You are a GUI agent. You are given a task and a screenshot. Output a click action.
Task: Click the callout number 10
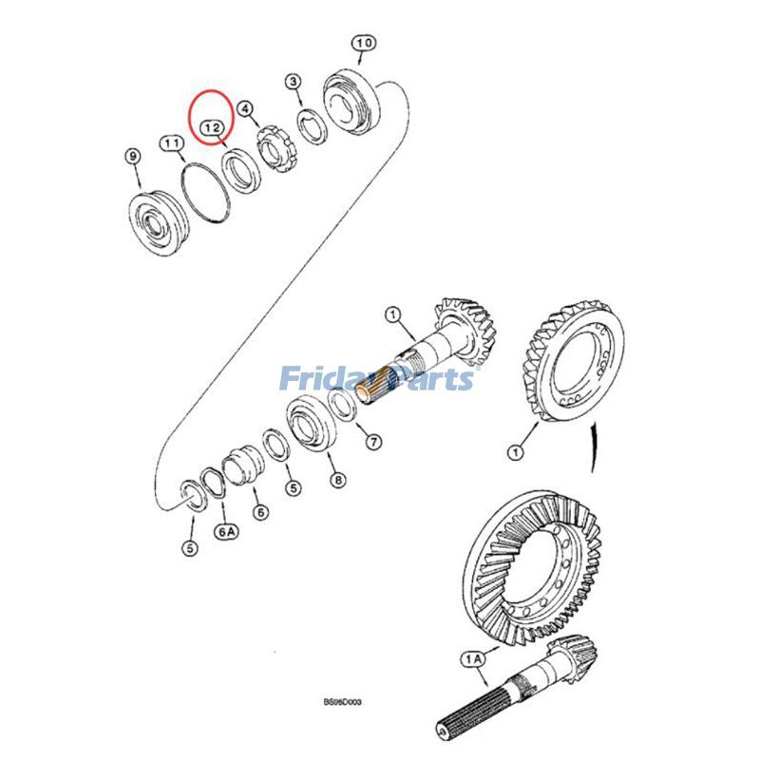364,43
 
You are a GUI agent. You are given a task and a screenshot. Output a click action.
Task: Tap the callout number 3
294,83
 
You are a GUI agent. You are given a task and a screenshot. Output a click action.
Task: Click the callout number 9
133,155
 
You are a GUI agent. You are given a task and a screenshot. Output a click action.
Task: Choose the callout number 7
372,442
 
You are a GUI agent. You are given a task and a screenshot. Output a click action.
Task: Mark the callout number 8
337,480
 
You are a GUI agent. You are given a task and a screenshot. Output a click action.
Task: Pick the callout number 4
246,110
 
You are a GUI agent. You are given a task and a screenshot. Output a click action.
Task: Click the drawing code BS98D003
342,704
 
